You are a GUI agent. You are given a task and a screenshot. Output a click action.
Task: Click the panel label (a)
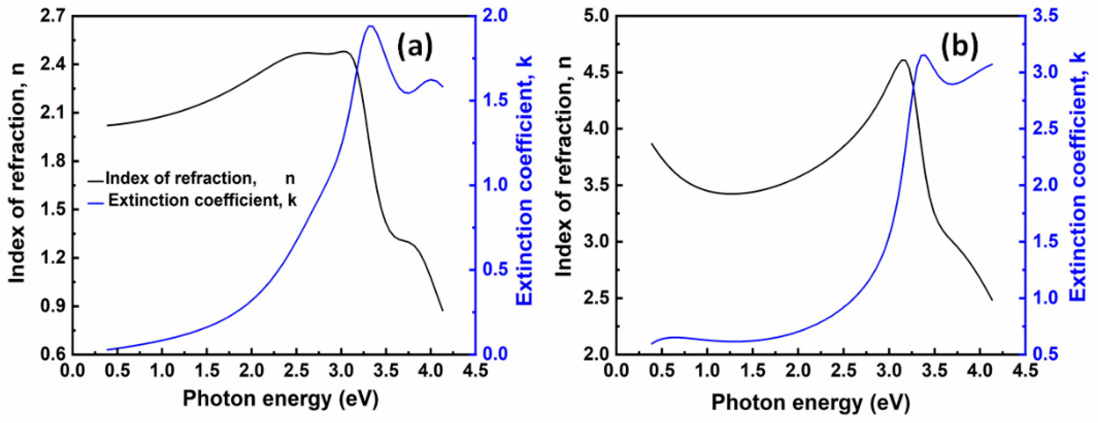[415, 47]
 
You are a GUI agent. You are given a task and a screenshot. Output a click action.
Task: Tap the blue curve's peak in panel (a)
[370, 26]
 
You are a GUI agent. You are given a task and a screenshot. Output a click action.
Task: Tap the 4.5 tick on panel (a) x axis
[475, 371]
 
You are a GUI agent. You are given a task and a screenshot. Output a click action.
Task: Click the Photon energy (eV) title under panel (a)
[281, 399]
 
